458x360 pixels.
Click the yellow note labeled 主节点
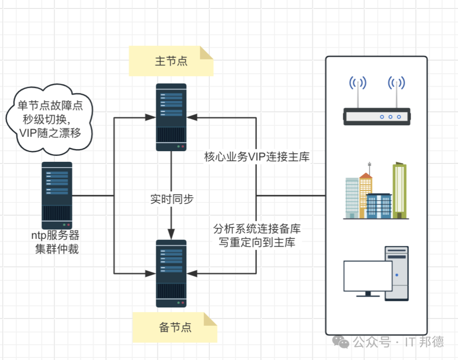pos(171,61)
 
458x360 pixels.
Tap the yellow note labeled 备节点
pos(175,327)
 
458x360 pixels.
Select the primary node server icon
pos(171,117)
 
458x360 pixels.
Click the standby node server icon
pos(171,273)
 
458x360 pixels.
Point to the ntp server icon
pos(57,196)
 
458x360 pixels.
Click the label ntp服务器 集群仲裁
pos(56,242)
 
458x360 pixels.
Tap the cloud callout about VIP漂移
pos(50,119)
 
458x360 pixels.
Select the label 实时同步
pos(172,199)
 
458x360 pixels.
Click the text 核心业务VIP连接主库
pos(257,157)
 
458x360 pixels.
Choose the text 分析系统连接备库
pos(257,228)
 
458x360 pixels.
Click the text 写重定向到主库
pos(257,242)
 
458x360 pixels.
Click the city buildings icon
pos(376,190)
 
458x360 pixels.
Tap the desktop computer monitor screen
pos(368,276)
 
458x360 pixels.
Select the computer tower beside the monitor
pos(397,273)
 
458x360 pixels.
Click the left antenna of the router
pos(358,93)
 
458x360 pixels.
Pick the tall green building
pos(399,190)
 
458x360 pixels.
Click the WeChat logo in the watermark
pos(341,342)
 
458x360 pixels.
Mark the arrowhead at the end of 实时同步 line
pos(171,234)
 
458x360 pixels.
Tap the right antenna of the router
pos(397,93)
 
